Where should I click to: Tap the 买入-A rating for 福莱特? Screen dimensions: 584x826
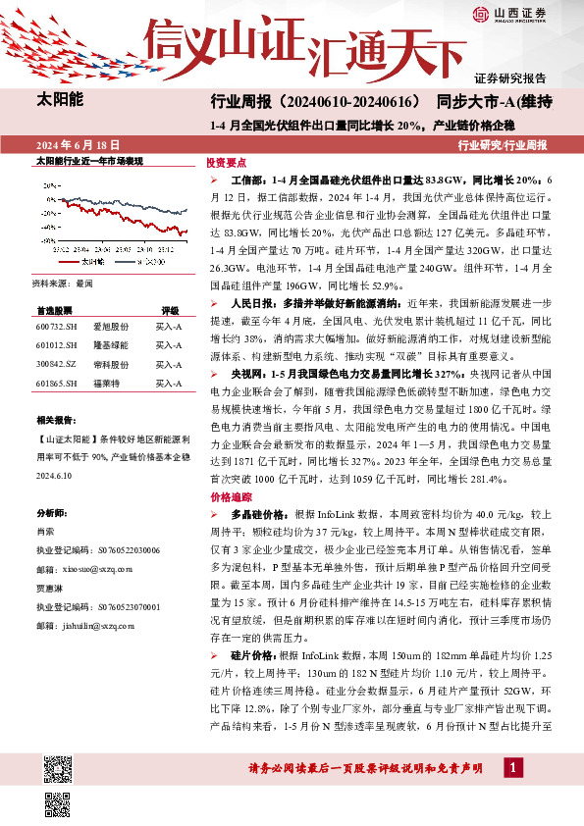click(169, 385)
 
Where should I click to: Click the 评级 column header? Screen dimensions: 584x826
click(170, 308)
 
